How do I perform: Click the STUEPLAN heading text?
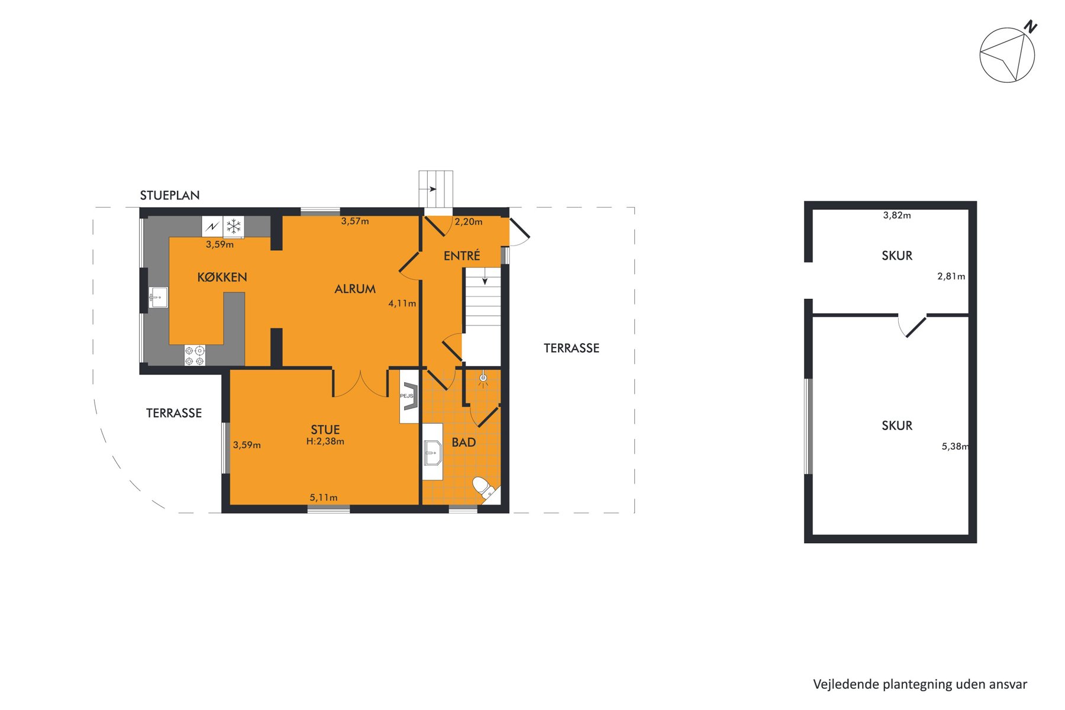coord(170,195)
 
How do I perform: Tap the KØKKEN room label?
coord(222,277)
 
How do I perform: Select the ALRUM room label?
coord(355,289)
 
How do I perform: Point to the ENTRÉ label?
coord(461,255)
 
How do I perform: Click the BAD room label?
coord(464,442)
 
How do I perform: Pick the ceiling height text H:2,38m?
coord(325,441)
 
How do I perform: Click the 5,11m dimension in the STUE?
coord(324,498)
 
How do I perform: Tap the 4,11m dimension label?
coord(402,304)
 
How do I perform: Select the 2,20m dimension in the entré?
coord(469,222)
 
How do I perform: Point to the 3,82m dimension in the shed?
coord(897,215)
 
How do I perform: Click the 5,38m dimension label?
coord(956,447)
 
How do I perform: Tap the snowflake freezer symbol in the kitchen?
coord(234,227)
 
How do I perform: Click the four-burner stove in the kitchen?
coord(195,355)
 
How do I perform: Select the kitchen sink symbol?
coord(158,297)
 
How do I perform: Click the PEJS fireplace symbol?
coord(409,396)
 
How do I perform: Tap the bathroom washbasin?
coord(433,453)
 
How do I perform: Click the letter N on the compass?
coord(1031,27)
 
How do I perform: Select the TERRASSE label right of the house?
coord(572,348)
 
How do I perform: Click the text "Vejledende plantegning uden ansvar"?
coord(920,685)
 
